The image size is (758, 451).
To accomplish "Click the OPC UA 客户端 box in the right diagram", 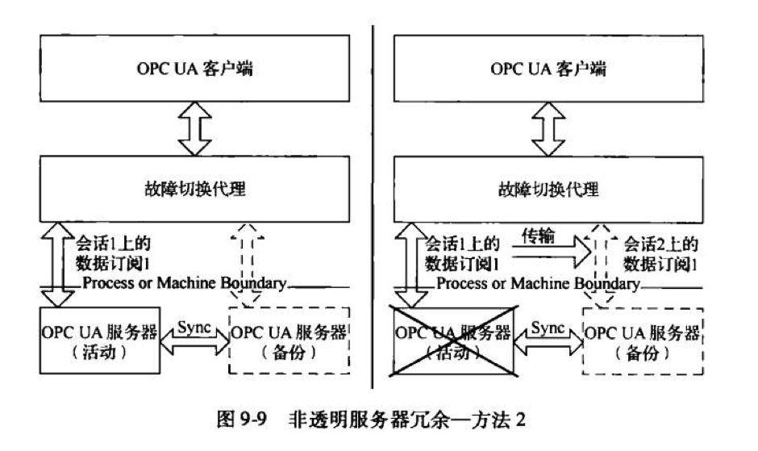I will (x=549, y=68).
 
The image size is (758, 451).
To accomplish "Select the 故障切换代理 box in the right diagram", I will (x=549, y=190).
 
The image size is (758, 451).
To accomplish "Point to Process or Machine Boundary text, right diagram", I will (x=539, y=285).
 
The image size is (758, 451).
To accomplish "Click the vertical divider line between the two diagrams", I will (x=373, y=202).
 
